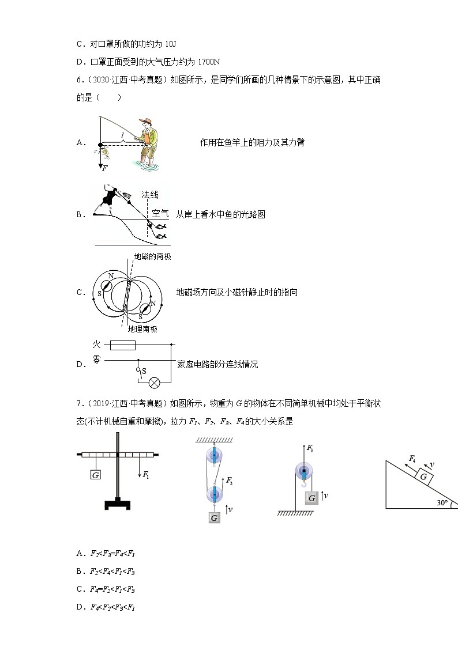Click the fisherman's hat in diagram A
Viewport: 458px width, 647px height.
click(148, 121)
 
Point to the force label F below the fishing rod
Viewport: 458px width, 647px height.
click(104, 168)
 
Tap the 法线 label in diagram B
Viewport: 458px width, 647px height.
click(150, 195)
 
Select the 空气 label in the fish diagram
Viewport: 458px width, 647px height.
click(160, 214)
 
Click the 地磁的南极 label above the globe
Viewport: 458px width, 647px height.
click(152, 257)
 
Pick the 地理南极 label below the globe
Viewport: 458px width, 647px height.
click(142, 329)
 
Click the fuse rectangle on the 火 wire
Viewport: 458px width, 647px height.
click(122, 345)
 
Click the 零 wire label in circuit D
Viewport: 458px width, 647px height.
click(96, 360)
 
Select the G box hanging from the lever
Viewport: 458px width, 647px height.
click(96, 475)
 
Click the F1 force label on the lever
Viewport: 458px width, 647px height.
click(146, 475)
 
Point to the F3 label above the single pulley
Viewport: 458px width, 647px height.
click(310, 448)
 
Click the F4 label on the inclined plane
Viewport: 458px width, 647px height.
click(412, 459)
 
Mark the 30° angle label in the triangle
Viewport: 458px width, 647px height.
click(442, 502)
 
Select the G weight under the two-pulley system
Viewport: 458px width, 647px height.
click(214, 517)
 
